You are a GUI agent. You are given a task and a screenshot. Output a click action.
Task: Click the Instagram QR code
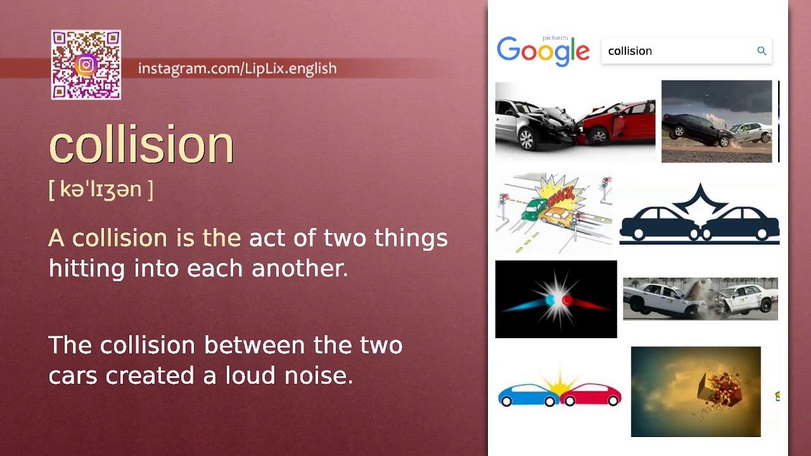86,65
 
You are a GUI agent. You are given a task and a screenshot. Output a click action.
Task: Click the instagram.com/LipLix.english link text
237,68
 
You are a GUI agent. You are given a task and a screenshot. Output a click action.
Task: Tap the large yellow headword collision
141,144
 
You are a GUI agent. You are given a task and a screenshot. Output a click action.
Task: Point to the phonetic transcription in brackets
101,189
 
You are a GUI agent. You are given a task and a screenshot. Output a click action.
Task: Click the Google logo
543,51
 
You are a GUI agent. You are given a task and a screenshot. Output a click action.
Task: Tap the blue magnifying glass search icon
762,51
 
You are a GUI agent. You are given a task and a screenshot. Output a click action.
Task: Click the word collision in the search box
630,51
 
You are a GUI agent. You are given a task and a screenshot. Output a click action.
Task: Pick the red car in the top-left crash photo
618,122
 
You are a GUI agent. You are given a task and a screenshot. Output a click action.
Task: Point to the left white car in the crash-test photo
658,298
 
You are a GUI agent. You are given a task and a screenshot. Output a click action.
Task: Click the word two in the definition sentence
346,239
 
